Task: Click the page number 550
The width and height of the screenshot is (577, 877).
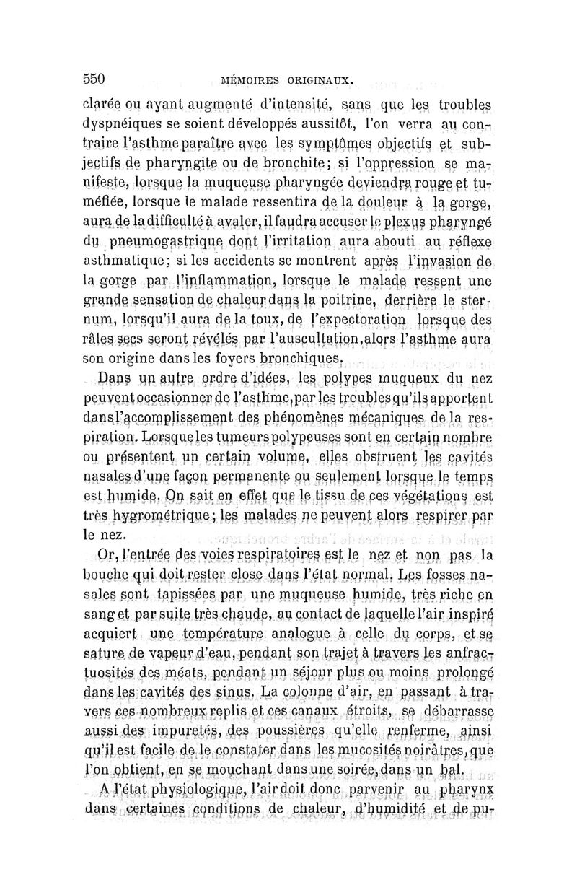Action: click(x=94, y=77)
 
